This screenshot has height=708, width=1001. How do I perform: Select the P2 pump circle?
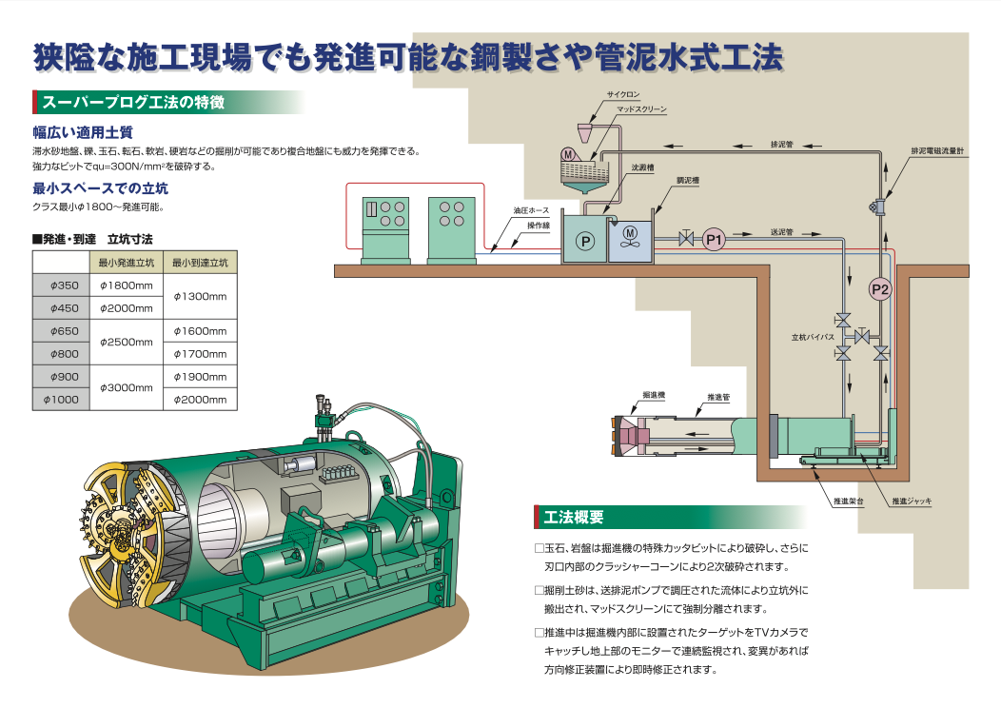(x=880, y=289)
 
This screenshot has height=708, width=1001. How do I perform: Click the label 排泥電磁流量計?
(x=937, y=151)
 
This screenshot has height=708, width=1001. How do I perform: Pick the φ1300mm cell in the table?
(x=200, y=296)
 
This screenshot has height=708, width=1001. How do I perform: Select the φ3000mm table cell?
(x=126, y=387)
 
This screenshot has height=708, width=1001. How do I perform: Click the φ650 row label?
(x=61, y=331)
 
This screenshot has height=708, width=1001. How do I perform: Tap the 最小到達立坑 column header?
(x=200, y=262)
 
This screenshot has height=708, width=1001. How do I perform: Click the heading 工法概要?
(x=574, y=518)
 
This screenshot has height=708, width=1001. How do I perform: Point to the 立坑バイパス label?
(x=812, y=337)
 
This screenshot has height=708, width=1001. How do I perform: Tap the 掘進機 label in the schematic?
(x=653, y=393)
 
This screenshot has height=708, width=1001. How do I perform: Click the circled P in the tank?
(x=586, y=242)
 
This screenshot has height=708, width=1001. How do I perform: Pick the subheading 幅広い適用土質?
(x=82, y=132)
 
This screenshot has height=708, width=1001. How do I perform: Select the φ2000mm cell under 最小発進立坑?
(x=126, y=307)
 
